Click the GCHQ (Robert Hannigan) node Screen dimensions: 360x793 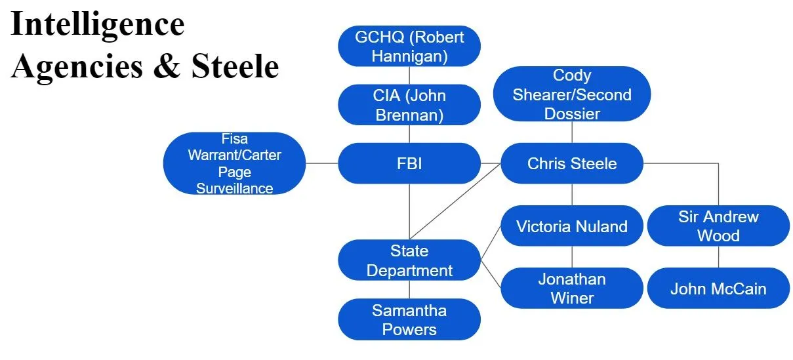[x=409, y=46]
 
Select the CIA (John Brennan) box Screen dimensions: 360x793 [x=409, y=105]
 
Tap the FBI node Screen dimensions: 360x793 [x=409, y=163]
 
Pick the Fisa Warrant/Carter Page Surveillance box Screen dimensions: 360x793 [x=234, y=163]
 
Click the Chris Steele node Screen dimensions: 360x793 [x=572, y=163]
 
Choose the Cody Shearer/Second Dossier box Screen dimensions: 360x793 [x=572, y=94]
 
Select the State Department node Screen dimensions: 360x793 [x=409, y=260]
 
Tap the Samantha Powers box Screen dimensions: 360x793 [x=409, y=319]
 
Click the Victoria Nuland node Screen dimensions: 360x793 [x=572, y=226]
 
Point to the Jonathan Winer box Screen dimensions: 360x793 [x=572, y=288]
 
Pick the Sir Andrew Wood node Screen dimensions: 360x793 [x=718, y=226]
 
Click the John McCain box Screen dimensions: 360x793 [x=718, y=288]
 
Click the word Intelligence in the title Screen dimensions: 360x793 [x=97, y=25]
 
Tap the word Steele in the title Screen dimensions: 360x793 [x=235, y=67]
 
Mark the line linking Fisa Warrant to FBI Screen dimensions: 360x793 [x=322, y=163]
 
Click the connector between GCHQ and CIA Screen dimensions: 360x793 [x=409, y=75]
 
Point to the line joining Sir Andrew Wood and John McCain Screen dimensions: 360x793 [x=718, y=257]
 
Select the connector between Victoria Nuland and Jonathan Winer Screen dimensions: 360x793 [x=572, y=257]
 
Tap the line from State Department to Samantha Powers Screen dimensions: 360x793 [x=409, y=290]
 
